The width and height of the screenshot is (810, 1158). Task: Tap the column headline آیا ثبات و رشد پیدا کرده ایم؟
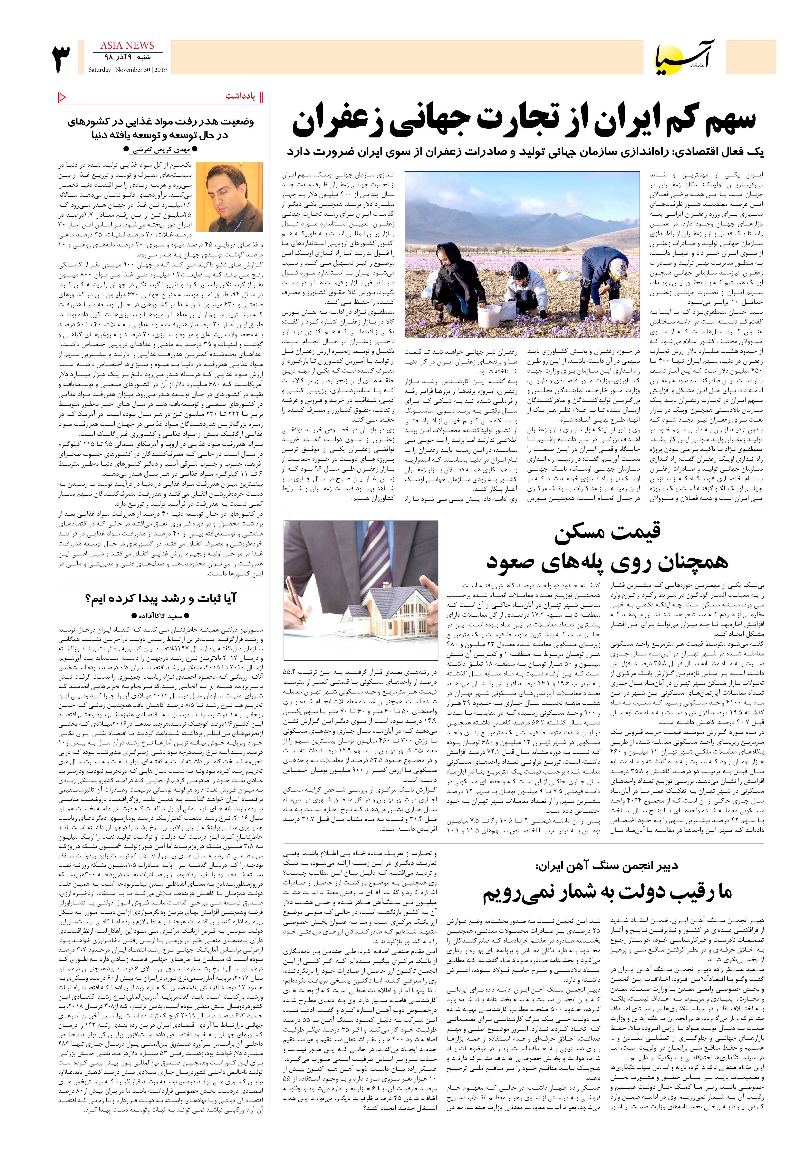tap(160, 599)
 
